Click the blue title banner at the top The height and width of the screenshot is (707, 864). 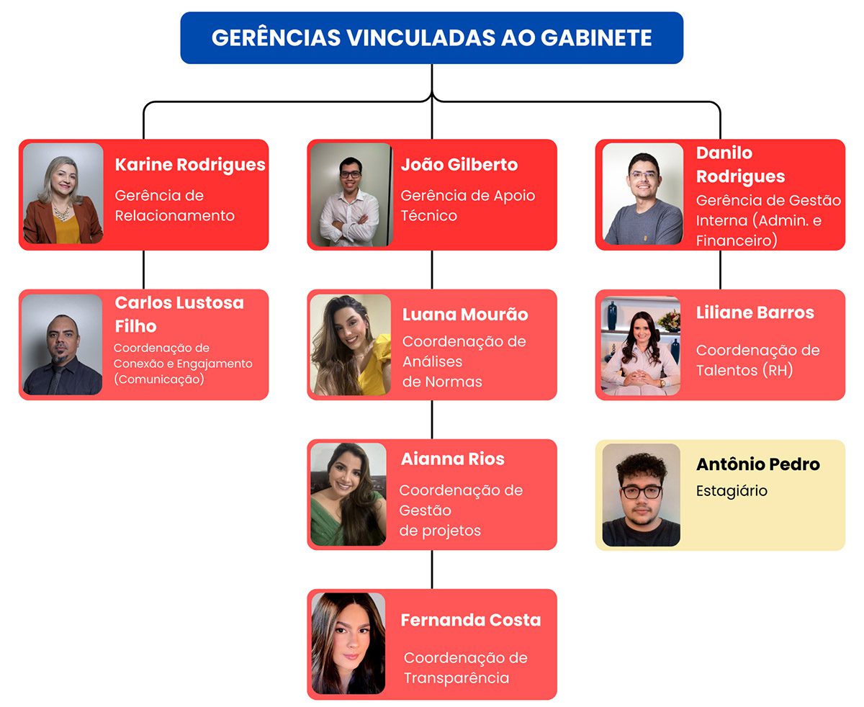point(431,37)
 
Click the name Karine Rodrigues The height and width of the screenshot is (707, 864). point(190,164)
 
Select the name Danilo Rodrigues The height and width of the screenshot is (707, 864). point(740,164)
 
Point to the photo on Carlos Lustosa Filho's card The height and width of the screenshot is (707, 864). point(63,344)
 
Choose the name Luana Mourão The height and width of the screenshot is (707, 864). point(464,315)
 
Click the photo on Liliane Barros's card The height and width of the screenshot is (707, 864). point(641,344)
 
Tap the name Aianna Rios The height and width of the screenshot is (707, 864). point(452,459)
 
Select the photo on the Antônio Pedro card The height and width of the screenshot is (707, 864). point(641,495)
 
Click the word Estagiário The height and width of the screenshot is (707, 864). point(732,490)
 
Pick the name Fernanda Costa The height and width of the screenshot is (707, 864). point(470,620)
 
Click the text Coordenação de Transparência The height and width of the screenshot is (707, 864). point(465,667)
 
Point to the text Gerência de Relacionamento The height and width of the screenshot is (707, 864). point(174,205)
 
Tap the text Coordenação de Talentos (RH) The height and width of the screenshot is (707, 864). point(757,360)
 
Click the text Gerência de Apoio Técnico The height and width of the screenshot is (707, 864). point(467,205)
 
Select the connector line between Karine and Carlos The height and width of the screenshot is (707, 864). point(143,270)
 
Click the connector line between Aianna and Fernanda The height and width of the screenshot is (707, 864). point(432,569)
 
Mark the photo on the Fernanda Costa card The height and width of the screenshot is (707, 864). point(348,643)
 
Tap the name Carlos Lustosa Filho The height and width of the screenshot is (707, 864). point(179,314)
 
